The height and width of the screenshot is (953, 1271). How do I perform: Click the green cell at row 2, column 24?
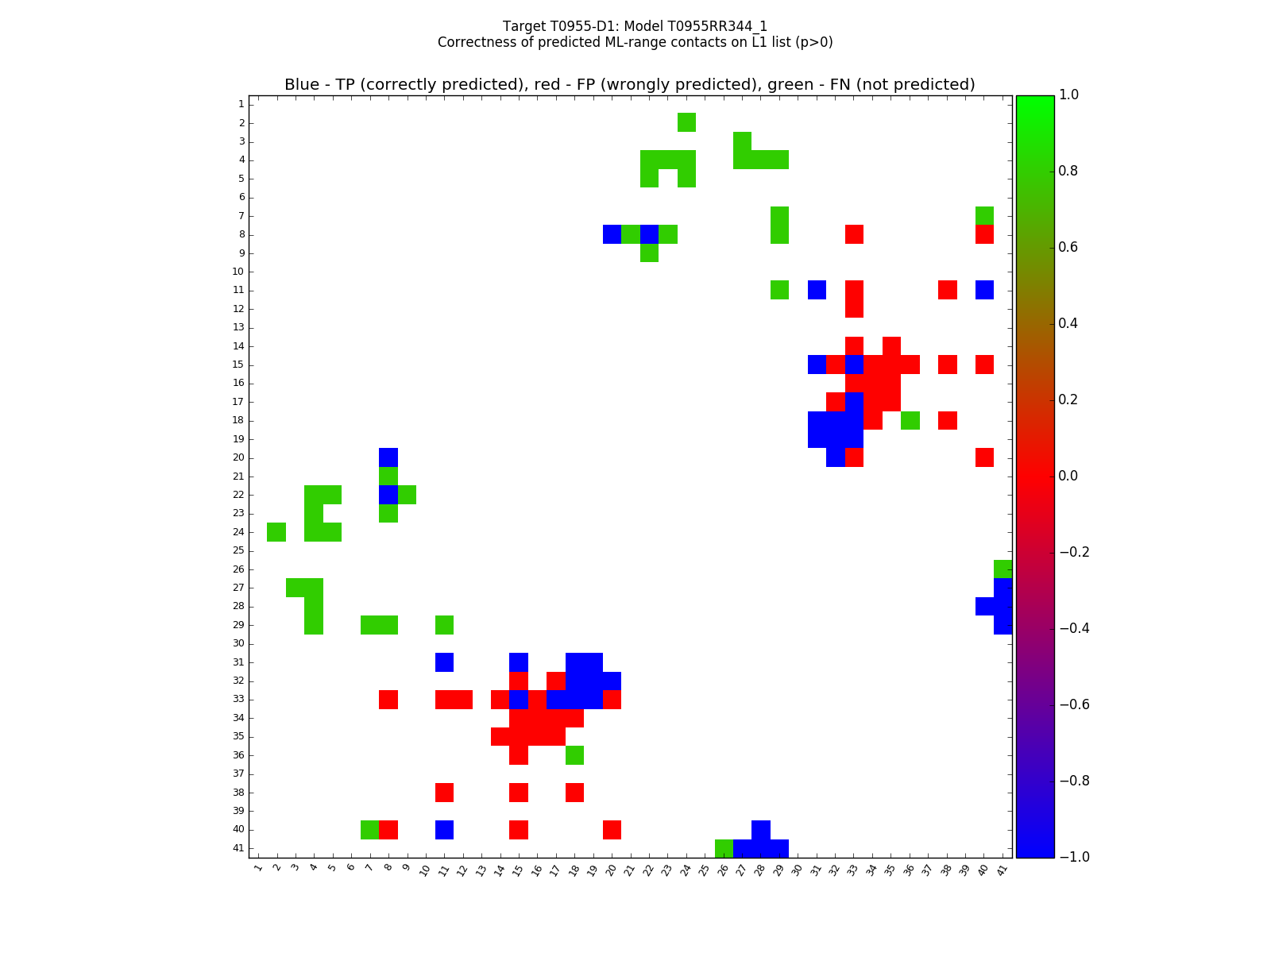point(686,122)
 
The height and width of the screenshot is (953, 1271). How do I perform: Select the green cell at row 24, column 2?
point(276,532)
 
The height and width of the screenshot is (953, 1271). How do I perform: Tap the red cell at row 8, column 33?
point(854,234)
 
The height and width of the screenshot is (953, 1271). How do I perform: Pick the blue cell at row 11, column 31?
point(817,290)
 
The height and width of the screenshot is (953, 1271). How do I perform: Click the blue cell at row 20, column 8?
point(388,457)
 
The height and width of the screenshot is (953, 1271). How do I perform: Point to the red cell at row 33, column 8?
point(388,700)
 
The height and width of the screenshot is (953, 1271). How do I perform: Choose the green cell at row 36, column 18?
point(574,755)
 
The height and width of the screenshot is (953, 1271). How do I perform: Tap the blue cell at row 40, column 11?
point(444,830)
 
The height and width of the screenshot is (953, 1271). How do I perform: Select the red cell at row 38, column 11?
point(444,793)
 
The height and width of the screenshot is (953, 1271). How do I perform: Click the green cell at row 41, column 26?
point(724,848)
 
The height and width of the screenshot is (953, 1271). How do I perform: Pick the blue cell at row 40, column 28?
point(761,830)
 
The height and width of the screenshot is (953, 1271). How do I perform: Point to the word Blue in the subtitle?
point(302,85)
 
